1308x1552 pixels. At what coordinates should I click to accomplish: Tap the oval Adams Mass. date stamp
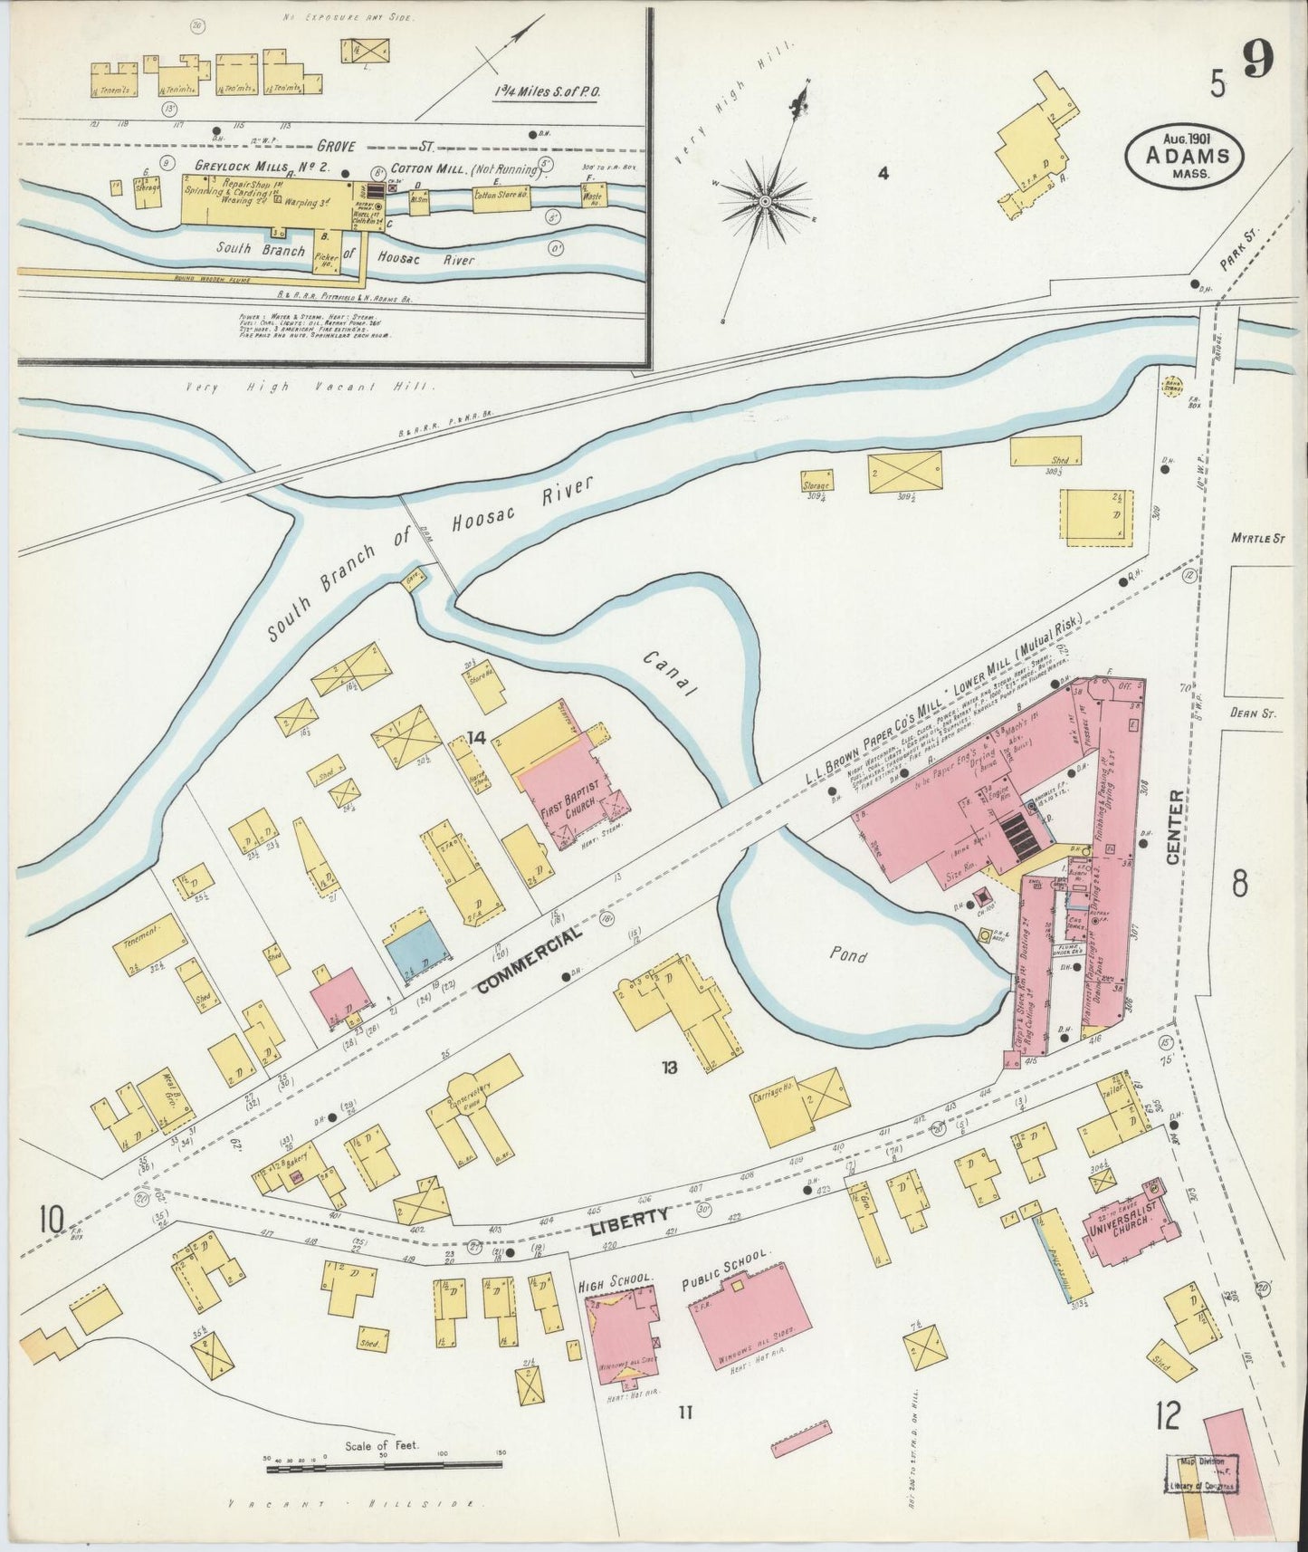click(x=1183, y=157)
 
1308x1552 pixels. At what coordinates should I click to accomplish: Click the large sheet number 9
click(x=1258, y=62)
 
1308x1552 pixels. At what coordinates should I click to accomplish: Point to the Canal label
click(x=669, y=675)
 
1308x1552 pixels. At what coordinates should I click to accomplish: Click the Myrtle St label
click(x=1258, y=538)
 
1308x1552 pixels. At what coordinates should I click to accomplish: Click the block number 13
click(x=669, y=1068)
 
